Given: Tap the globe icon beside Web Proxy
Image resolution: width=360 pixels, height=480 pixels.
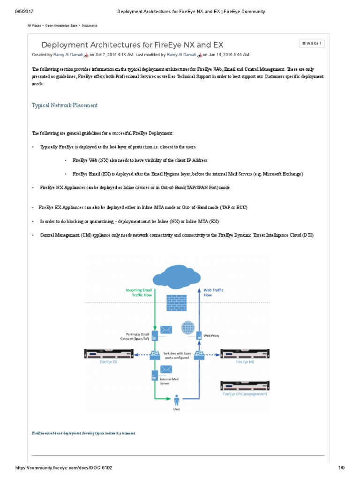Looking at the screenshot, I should (x=188, y=327).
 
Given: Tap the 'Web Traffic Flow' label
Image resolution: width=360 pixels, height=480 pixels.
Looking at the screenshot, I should (x=213, y=292).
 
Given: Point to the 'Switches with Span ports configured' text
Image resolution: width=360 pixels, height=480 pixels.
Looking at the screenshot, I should (x=176, y=355).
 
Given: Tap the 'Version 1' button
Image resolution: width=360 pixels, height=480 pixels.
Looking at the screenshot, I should (x=312, y=44).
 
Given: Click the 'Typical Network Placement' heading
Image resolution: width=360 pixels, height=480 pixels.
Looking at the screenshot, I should (x=65, y=105).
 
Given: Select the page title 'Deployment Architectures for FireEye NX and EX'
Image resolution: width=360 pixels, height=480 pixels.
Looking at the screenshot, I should (x=132, y=45).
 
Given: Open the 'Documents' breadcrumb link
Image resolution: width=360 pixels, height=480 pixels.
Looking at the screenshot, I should (x=90, y=25).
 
